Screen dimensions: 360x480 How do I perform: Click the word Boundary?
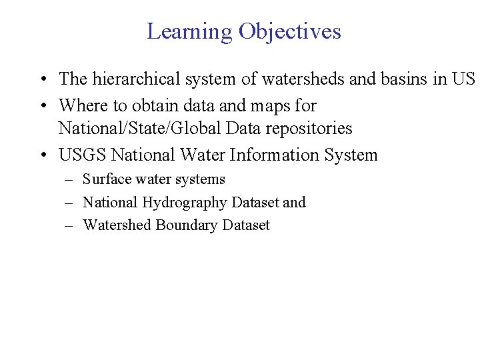[x=187, y=225]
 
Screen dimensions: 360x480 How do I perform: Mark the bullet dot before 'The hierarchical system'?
[x=42, y=80]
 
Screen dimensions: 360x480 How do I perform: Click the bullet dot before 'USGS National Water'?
[x=42, y=156]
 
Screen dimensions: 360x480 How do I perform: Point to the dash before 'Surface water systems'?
[x=69, y=180]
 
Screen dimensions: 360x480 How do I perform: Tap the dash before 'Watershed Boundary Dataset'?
[x=69, y=226]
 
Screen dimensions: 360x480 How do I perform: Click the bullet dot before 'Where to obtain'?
[x=42, y=106]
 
